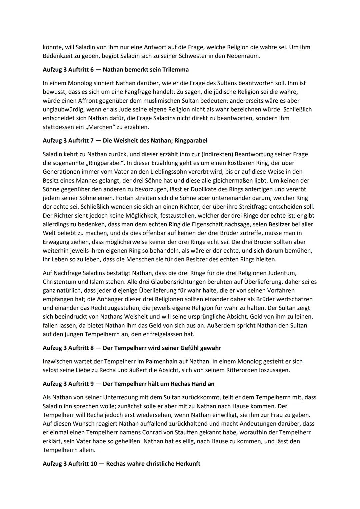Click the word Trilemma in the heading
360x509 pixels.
click(174, 70)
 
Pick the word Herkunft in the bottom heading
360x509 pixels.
click(188, 464)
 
